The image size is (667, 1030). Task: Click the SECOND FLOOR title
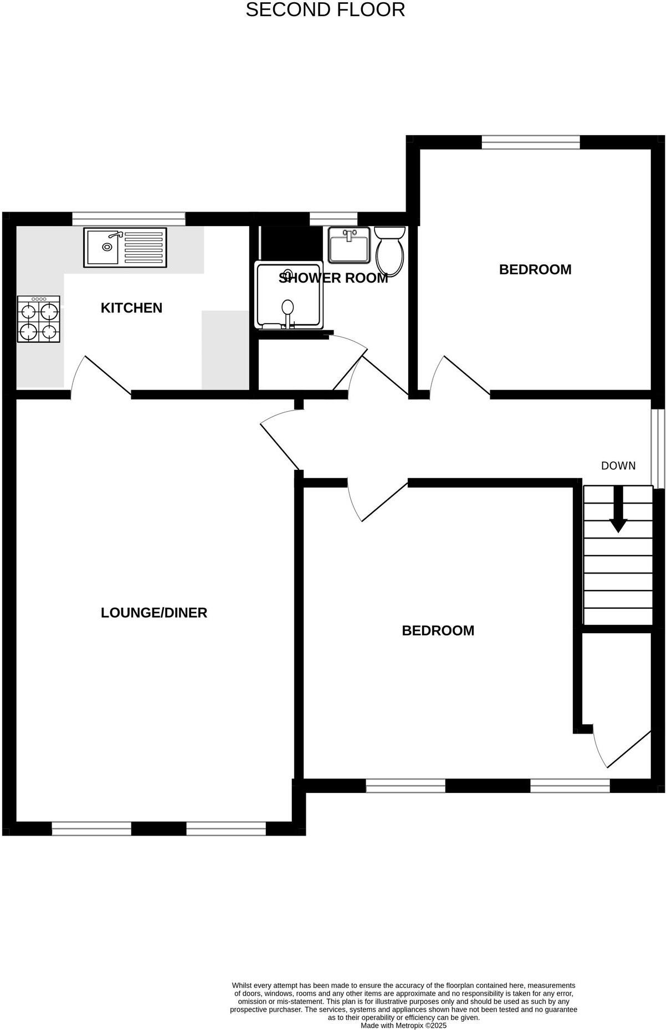pyautogui.click(x=325, y=10)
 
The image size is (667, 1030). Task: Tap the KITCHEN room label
pyautogui.click(x=131, y=308)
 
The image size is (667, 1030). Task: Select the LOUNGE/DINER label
pyautogui.click(x=154, y=612)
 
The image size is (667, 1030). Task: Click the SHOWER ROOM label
pyautogui.click(x=333, y=278)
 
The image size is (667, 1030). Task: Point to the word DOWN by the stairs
pyautogui.click(x=618, y=466)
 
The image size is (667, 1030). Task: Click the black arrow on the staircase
pyautogui.click(x=618, y=510)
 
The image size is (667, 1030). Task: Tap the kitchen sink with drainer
pyautogui.click(x=125, y=247)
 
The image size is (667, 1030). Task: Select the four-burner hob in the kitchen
pyautogui.click(x=38, y=319)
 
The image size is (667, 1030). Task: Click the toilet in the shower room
pyautogui.click(x=390, y=251)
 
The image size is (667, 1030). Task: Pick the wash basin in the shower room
pyautogui.click(x=349, y=244)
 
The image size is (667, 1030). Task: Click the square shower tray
pyautogui.click(x=288, y=295)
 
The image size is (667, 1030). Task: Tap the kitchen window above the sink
pyautogui.click(x=129, y=219)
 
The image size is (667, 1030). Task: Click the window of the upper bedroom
pyautogui.click(x=530, y=142)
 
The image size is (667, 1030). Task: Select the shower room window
pyautogui.click(x=333, y=219)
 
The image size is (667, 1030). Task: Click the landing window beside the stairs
pyautogui.click(x=657, y=446)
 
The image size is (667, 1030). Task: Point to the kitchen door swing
pyautogui.click(x=102, y=375)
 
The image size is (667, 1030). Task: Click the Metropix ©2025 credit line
pyautogui.click(x=403, y=1026)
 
